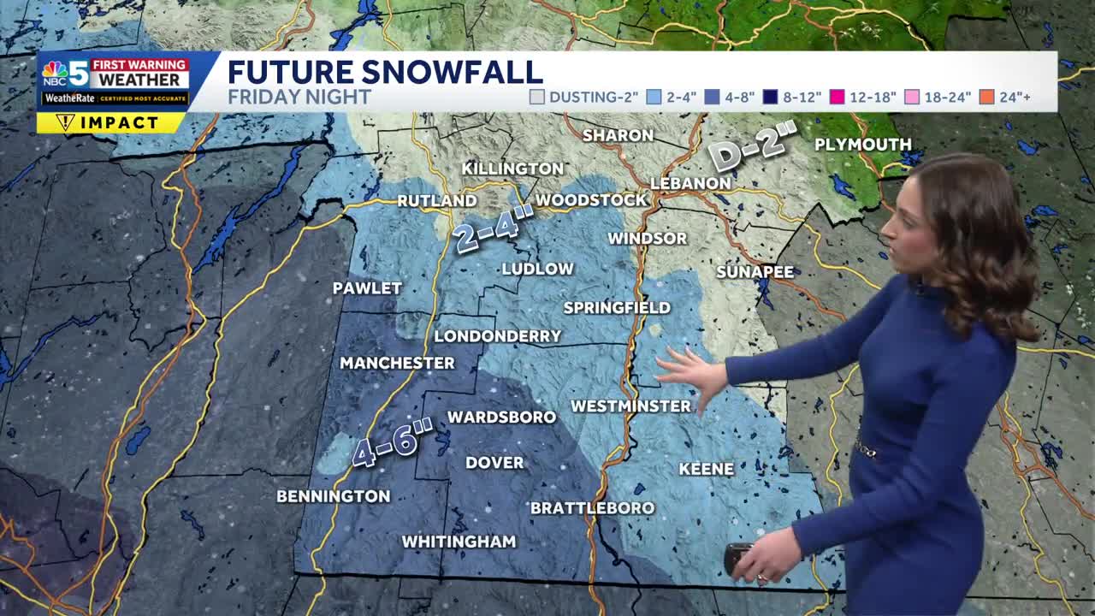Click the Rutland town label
(x=437, y=201)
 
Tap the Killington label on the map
(x=512, y=169)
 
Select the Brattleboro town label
(x=592, y=508)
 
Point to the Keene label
(x=707, y=469)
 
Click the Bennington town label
(x=333, y=496)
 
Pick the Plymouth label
(x=862, y=145)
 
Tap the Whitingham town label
(x=459, y=542)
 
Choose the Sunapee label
(x=755, y=272)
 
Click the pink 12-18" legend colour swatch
(x=837, y=97)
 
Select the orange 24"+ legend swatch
(x=986, y=97)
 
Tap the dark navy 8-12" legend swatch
(x=769, y=97)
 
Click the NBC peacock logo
(x=55, y=72)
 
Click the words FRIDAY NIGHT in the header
(x=299, y=97)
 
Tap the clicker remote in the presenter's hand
(x=737, y=557)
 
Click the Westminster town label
(x=630, y=406)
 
